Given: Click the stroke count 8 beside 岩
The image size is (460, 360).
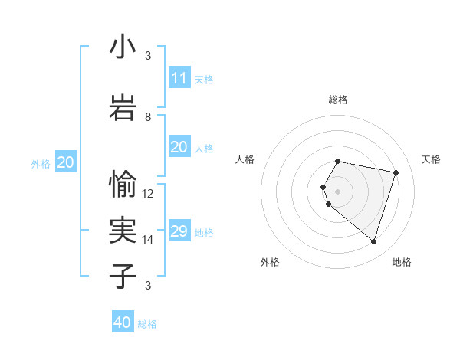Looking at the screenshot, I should [148, 117].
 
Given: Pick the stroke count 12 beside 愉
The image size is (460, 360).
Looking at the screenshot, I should [148, 194].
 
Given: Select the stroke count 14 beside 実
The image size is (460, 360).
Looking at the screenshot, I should [148, 240].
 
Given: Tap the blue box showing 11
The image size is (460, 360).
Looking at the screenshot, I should [179, 78].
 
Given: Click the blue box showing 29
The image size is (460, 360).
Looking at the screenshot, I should [179, 231].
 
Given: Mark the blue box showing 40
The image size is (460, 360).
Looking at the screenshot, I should [123, 322].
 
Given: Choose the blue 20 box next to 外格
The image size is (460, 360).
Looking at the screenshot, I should [66, 162].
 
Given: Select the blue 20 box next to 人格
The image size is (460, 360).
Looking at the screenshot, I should [179, 147].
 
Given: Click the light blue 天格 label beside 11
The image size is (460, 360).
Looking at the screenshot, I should [204, 80].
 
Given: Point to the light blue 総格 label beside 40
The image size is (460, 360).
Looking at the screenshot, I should [147, 324].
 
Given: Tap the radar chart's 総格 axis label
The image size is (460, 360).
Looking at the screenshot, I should [338, 100].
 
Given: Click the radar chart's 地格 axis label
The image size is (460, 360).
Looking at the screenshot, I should [402, 262].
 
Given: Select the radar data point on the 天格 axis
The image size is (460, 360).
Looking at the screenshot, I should [396, 172].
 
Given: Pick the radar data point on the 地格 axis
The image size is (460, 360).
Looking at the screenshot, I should [373, 242].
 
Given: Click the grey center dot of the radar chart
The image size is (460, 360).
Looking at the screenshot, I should [338, 191].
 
